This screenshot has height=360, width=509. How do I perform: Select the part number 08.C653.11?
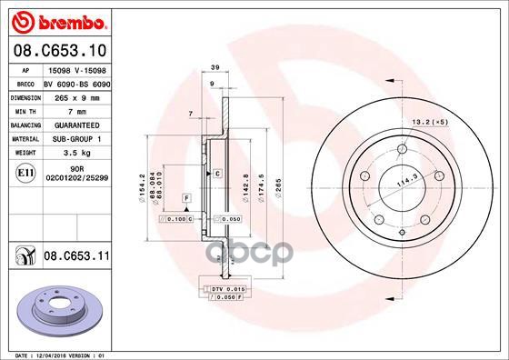click(x=77, y=258)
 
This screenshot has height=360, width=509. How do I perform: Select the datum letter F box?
click(x=185, y=197)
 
